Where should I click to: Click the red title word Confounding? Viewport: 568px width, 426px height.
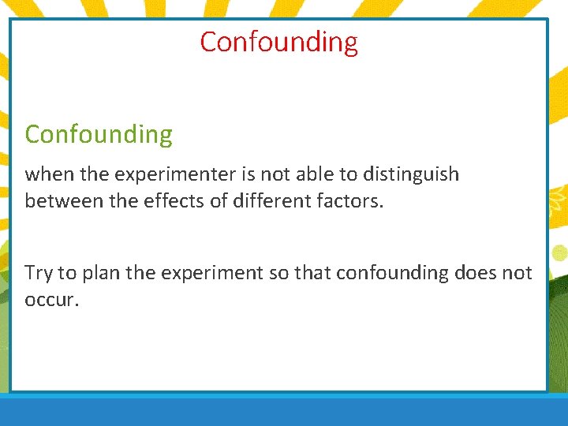(x=278, y=42)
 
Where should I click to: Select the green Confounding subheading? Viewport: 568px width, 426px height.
(x=98, y=135)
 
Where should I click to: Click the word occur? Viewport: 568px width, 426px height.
(x=52, y=301)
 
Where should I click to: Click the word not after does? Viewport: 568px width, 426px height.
(x=518, y=273)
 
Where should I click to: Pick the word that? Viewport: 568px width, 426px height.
(x=312, y=273)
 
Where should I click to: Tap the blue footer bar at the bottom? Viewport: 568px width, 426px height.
(x=284, y=410)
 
